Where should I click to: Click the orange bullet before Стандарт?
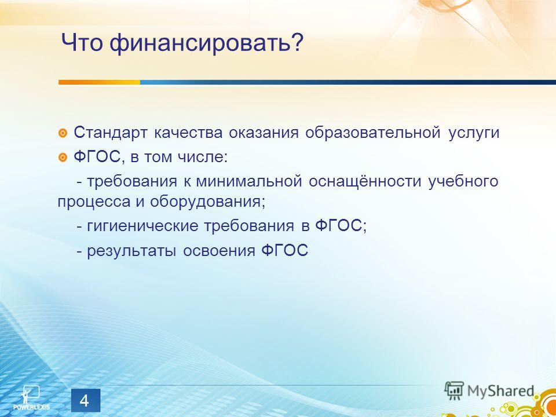pyautogui.click(x=63, y=133)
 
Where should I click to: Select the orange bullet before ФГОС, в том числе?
pyautogui.click(x=63, y=157)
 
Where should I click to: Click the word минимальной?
pyautogui.click(x=249, y=181)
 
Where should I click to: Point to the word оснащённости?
pyautogui.click(x=365, y=181)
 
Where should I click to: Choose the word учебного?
pyautogui.click(x=463, y=181)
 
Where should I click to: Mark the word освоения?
pyautogui.click(x=219, y=251)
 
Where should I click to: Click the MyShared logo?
pyautogui.click(x=489, y=390)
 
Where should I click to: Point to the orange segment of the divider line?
pyautogui.click(x=99, y=82)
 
